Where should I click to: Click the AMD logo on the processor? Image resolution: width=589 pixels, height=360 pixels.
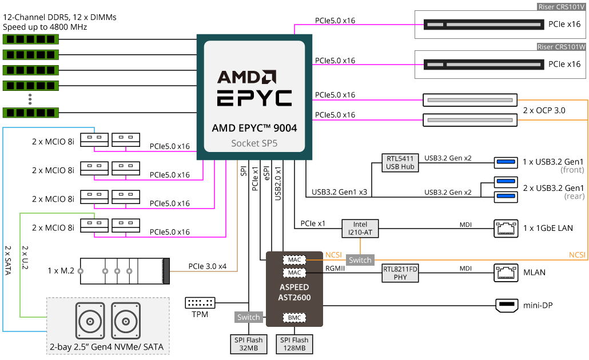pos(246,77)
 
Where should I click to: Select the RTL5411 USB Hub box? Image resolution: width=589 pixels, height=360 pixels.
pos(400,163)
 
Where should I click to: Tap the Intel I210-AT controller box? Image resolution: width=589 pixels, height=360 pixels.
pos(360,229)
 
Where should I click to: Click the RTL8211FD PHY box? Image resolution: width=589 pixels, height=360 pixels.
pos(400,273)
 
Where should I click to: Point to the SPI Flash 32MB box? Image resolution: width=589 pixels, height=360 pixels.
pos(249,344)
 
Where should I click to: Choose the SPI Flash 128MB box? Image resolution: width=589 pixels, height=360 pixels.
pos(294,344)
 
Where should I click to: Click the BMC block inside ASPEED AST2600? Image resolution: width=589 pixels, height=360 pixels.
pos(294,318)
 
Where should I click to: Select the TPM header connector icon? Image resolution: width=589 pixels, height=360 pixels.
pos(200,302)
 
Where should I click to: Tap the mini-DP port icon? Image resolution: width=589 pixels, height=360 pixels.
pos(507,305)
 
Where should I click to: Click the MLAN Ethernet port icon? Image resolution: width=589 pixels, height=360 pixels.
pos(506,273)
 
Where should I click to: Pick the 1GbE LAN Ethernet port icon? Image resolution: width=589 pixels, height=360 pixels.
pos(506,228)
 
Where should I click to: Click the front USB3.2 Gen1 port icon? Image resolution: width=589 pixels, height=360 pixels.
pos(506,162)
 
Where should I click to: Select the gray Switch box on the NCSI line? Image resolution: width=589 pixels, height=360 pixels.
pos(360,260)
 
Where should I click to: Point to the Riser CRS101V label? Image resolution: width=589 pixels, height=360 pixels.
pos(562,7)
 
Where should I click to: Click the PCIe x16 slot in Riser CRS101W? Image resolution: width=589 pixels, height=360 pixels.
pos(484,65)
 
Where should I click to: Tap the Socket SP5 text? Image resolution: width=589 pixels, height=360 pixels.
pos(254,143)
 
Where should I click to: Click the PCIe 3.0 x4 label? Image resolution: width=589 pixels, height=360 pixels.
pos(208,266)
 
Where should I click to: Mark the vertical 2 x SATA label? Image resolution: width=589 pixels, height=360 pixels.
pos(8,260)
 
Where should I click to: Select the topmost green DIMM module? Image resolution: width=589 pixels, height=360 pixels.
pos(31,39)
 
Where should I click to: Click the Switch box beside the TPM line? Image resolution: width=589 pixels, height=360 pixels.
pos(249,317)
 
